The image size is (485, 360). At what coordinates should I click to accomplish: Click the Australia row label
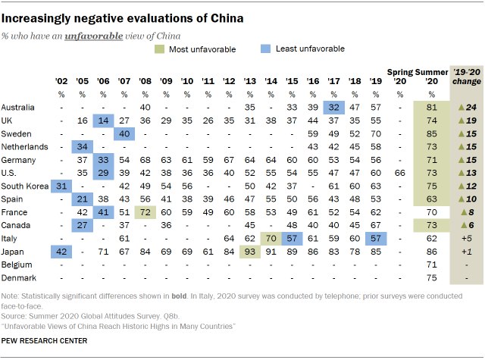pyautogui.click(x=19, y=107)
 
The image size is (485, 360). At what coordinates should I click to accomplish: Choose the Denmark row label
pyautogui.click(x=19, y=277)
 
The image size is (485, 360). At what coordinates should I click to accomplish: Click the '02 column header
pyautogui.click(x=62, y=81)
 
